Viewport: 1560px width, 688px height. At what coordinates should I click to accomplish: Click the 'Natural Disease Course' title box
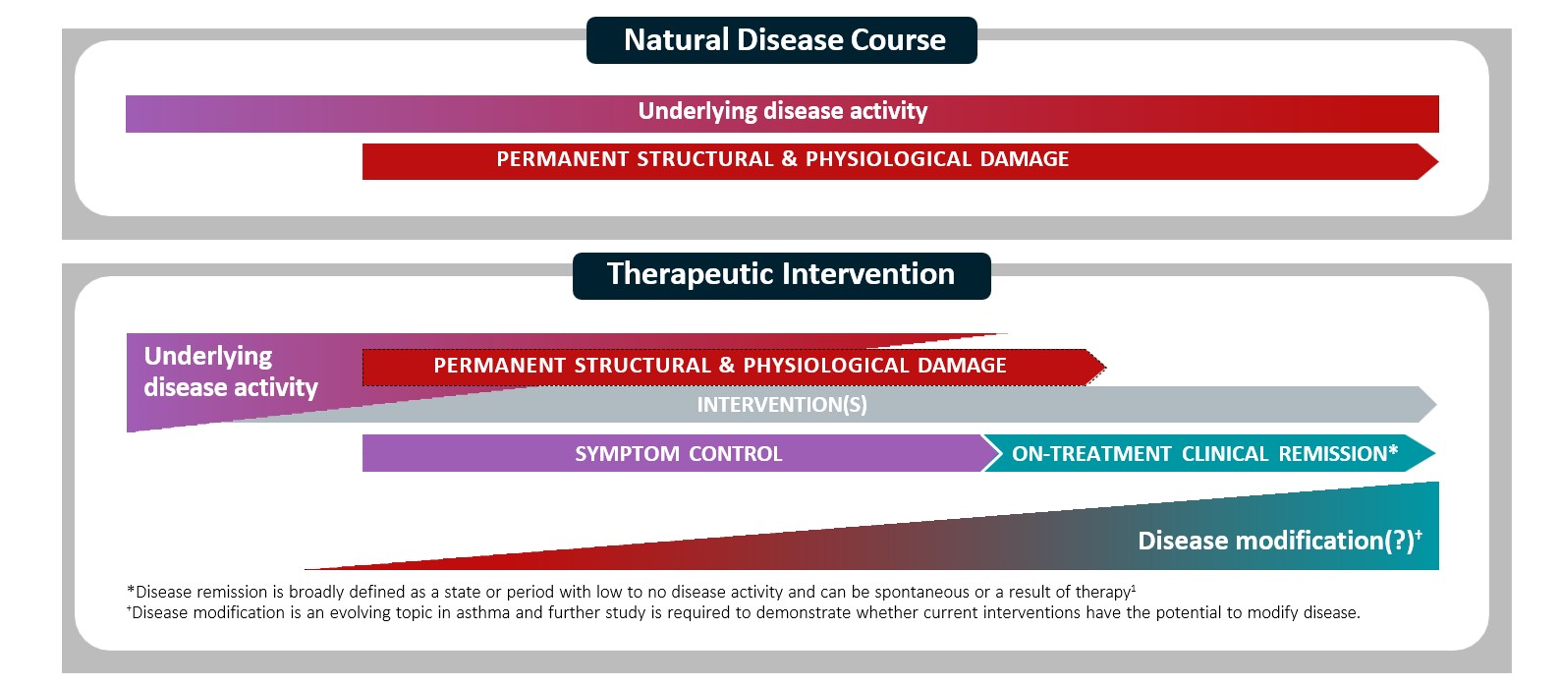tap(782, 40)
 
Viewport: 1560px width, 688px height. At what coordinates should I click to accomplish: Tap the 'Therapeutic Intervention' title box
tap(781, 274)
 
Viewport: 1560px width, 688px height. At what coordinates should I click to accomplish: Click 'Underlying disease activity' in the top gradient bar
tap(782, 112)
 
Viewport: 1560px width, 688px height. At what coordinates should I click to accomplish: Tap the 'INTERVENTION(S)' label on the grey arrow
tap(782, 405)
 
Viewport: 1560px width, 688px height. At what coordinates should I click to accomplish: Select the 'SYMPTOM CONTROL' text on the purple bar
tap(679, 454)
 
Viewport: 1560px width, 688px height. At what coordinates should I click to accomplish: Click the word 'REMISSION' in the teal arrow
tap(1338, 454)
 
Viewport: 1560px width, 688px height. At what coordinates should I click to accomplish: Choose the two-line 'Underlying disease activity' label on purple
tap(231, 372)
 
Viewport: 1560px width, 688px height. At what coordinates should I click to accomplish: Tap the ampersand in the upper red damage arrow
tap(790, 159)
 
